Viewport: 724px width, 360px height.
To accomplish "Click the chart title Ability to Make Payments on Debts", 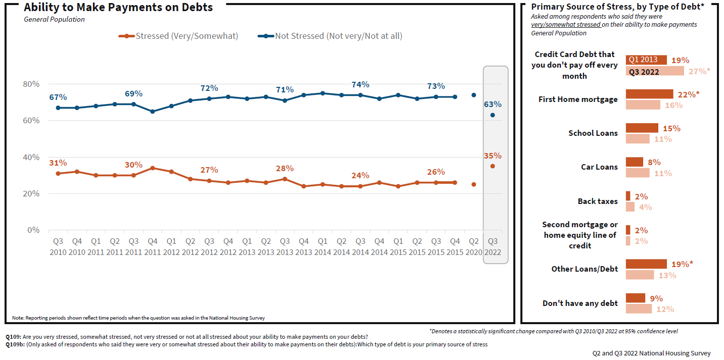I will (x=118, y=8).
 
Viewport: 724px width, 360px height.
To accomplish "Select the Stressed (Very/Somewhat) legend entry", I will (x=178, y=36).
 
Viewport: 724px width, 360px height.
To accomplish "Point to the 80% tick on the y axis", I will (x=31, y=84).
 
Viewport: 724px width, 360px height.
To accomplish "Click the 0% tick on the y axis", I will (x=33, y=230).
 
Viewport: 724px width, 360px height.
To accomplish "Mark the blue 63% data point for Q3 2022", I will (x=493, y=115).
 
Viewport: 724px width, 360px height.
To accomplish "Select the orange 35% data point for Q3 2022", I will (x=493, y=166).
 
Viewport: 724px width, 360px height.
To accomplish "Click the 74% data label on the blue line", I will (x=360, y=84).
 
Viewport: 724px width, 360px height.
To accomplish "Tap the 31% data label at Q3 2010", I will (x=58, y=163).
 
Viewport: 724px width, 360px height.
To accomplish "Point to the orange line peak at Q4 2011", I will (x=153, y=168).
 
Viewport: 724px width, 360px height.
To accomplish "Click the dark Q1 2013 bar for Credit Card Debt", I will (x=646, y=60).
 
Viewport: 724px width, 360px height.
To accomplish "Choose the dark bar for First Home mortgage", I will (x=649, y=94).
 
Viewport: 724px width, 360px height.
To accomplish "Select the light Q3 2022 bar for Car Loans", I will (x=638, y=173).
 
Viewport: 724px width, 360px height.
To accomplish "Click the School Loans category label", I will (x=593, y=133).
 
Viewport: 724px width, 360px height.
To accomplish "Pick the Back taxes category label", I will (x=598, y=201).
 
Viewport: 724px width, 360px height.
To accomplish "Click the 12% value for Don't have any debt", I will (x=665, y=309).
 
